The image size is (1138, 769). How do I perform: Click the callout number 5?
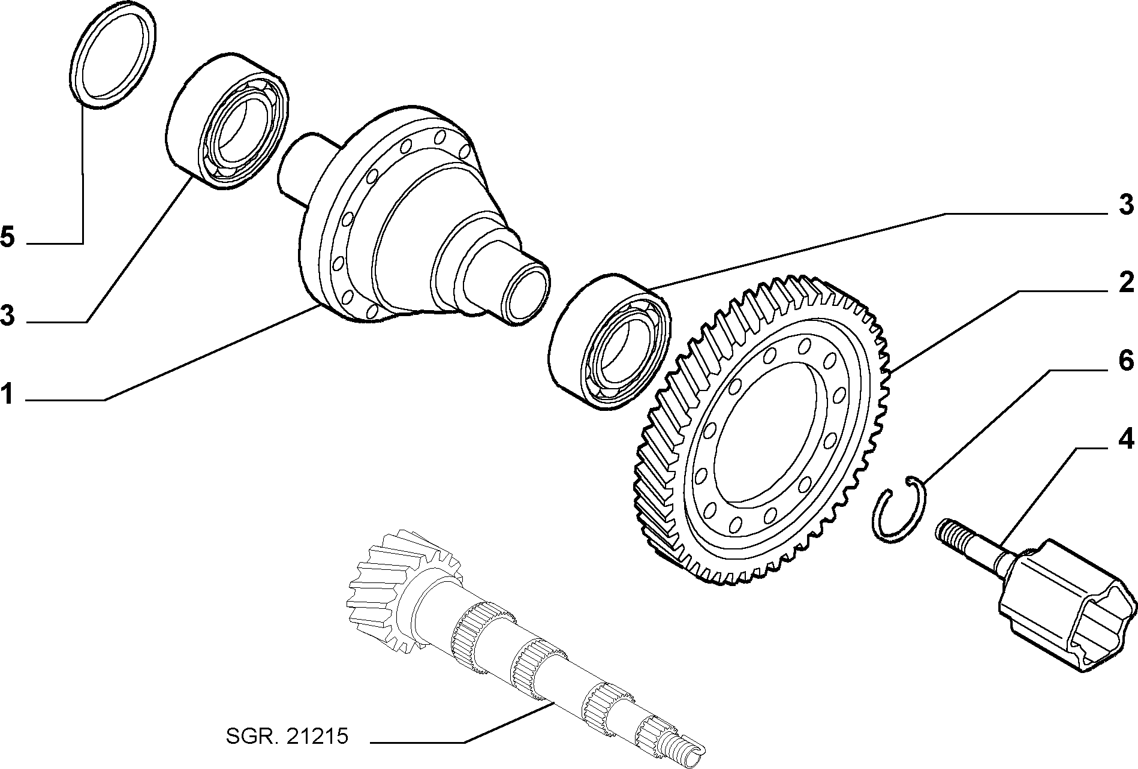point(7,238)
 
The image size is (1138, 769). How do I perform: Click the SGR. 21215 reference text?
point(287,736)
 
